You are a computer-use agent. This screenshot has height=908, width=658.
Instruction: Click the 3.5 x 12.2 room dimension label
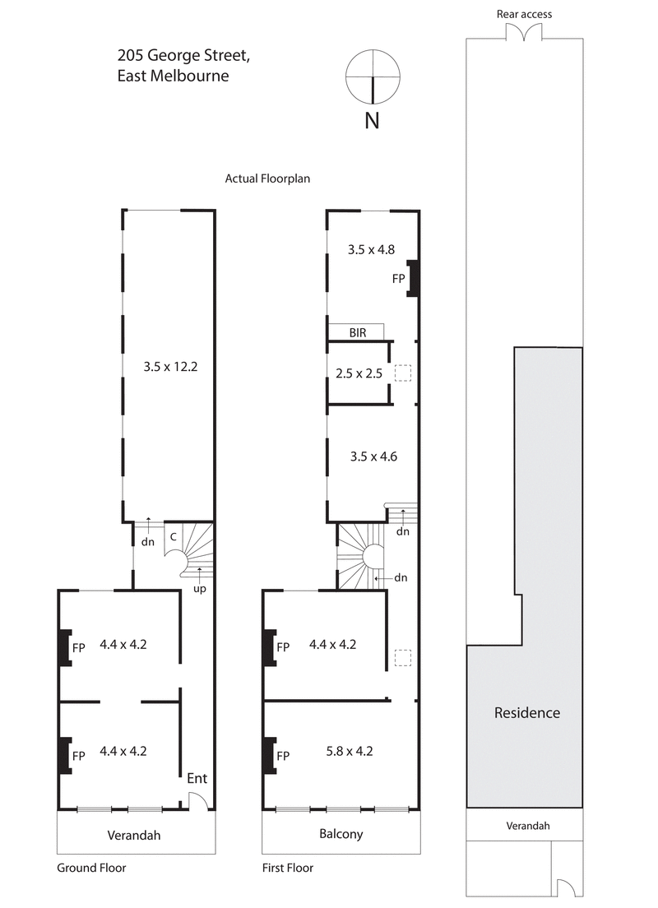(170, 368)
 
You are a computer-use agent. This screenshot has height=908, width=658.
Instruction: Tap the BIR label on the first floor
(357, 332)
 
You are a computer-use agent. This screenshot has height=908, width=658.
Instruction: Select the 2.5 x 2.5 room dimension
(359, 373)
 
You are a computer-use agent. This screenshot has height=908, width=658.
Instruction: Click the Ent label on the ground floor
(197, 777)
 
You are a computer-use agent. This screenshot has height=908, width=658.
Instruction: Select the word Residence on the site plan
(526, 713)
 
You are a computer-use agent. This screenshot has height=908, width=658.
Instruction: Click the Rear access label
(524, 14)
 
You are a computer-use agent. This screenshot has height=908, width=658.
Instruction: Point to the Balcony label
(341, 834)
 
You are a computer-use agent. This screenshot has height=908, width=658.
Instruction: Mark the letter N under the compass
(373, 120)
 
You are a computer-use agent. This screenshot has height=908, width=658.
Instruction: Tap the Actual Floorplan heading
(267, 178)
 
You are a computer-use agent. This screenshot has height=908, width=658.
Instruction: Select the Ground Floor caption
(91, 868)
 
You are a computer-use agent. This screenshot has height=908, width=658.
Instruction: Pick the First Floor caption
(288, 868)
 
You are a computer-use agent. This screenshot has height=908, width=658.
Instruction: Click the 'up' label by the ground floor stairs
(200, 590)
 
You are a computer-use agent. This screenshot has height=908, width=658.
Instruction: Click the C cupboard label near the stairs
(173, 536)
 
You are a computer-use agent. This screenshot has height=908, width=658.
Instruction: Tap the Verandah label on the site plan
(527, 826)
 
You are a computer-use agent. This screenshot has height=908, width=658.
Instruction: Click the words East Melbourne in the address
(173, 76)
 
